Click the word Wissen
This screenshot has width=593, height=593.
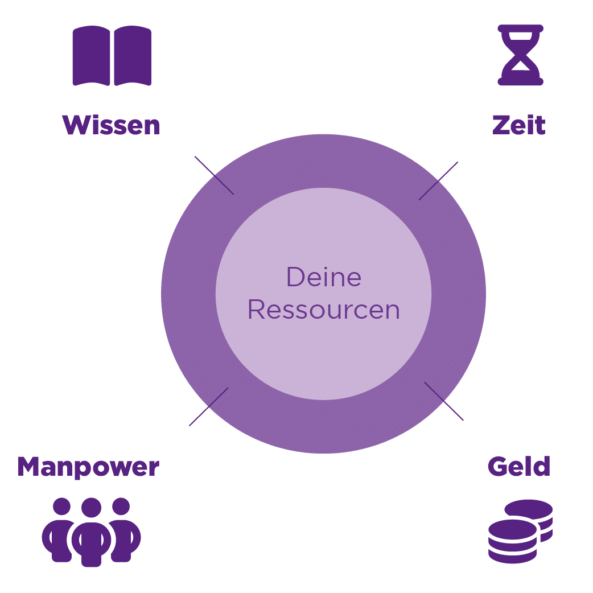[112, 125]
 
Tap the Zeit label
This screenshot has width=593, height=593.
[518, 125]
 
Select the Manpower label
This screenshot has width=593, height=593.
[88, 467]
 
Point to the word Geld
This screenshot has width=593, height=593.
[518, 467]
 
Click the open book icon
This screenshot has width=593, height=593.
[112, 56]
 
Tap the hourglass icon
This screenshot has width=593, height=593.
[520, 55]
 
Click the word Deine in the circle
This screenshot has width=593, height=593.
[323, 277]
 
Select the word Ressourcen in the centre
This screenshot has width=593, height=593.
[323, 310]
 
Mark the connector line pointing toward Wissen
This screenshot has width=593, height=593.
[214, 175]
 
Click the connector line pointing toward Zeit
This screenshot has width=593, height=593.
[438, 181]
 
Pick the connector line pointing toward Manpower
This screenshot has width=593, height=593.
[208, 407]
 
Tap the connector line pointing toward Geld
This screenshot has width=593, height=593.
[444, 401]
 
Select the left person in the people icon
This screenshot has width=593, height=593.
[59, 532]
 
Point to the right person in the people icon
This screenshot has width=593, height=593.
[123, 532]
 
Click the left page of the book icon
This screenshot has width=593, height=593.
[91, 56]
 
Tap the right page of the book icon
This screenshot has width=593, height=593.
[133, 56]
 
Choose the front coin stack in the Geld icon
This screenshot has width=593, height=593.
[512, 541]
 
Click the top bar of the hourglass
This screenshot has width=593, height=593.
[520, 28]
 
